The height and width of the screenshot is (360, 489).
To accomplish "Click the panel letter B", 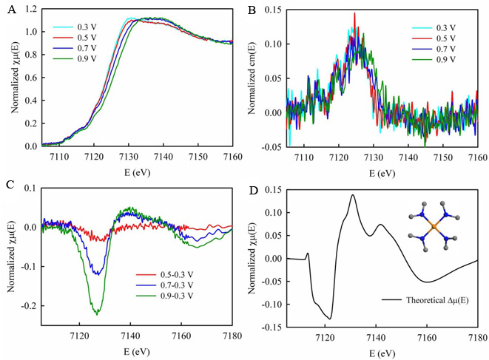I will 252,10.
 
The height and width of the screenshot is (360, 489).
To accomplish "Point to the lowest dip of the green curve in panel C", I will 97,313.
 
